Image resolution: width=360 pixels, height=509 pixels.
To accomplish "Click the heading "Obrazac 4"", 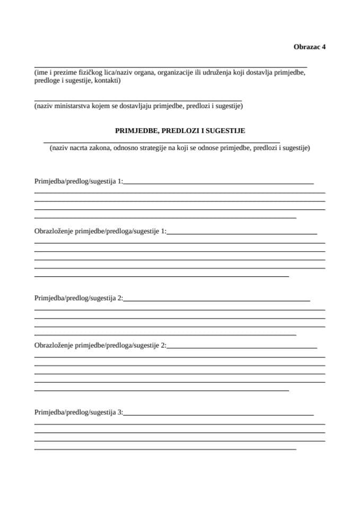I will pyautogui.click(x=309, y=47).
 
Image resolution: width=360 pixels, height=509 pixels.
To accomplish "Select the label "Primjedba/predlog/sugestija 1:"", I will pyautogui.click(x=78, y=181).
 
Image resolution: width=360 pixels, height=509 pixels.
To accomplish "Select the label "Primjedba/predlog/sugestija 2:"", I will pyautogui.click(x=78, y=299).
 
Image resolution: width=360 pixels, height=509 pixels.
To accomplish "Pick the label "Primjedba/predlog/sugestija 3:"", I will pyautogui.click(x=78, y=412).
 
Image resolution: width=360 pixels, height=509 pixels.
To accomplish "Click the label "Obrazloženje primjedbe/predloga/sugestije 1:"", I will pyautogui.click(x=100, y=231).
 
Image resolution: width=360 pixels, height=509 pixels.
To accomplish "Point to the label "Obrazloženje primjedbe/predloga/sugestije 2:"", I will pyautogui.click(x=100, y=346).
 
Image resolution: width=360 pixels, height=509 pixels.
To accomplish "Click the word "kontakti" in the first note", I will pyautogui.click(x=107, y=81).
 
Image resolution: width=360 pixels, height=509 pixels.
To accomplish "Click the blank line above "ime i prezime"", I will pyautogui.click(x=170, y=64).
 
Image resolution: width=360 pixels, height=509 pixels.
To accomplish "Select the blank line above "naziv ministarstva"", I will pyautogui.click(x=138, y=100).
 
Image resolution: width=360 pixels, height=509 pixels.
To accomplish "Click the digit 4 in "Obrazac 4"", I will pyautogui.click(x=323, y=47).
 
